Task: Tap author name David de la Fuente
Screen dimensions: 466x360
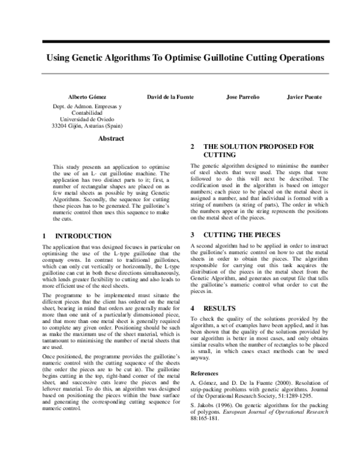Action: (x=170, y=97)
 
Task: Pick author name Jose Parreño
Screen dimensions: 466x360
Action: (x=243, y=97)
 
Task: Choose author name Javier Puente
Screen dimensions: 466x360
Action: (x=304, y=97)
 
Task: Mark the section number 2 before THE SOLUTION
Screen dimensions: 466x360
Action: (x=192, y=147)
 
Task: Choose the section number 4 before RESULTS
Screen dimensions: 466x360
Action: (x=192, y=291)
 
